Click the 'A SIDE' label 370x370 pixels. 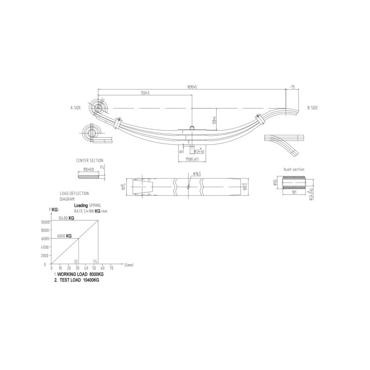coord(75,107)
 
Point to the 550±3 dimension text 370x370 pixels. coord(145,93)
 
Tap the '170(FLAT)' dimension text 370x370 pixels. coord(192,159)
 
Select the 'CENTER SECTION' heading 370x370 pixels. coord(90,161)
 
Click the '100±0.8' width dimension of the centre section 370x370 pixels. coord(88,169)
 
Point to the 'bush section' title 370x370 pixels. coord(294,169)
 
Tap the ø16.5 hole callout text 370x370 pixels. coord(197,174)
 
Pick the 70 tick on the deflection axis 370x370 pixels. coord(111,268)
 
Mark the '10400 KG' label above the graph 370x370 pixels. coord(66,218)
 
